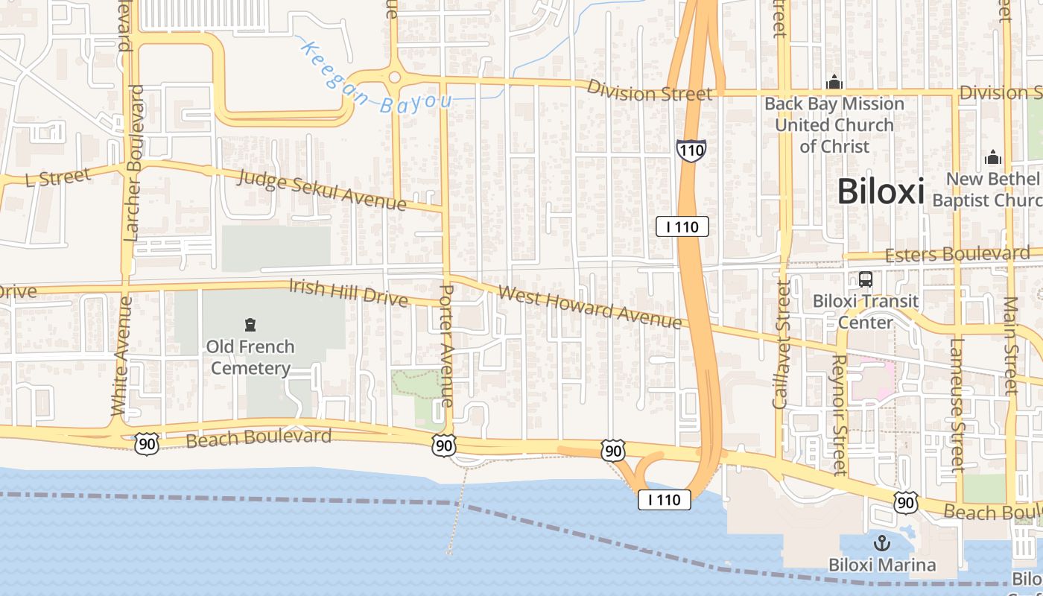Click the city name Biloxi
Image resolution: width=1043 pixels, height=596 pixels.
[880, 191]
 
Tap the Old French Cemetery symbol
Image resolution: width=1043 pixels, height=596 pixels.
[250, 325]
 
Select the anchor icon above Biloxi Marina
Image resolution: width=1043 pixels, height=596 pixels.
[882, 543]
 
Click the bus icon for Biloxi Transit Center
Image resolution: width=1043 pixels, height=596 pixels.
[865, 279]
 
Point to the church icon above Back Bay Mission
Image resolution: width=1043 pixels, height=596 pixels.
[834, 80]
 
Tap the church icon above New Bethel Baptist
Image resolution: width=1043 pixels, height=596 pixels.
[992, 157]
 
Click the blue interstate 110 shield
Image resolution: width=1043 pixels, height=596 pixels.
[691, 150]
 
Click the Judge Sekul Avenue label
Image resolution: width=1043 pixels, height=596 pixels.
[322, 189]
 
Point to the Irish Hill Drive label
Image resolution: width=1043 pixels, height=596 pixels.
[348, 293]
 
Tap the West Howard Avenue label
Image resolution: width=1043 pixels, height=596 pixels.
[589, 305]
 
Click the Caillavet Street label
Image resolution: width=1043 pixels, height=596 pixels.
[782, 343]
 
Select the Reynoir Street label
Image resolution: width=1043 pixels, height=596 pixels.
[840, 414]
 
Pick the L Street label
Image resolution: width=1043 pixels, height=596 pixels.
[57, 177]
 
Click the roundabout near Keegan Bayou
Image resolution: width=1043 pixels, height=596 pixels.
[394, 77]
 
